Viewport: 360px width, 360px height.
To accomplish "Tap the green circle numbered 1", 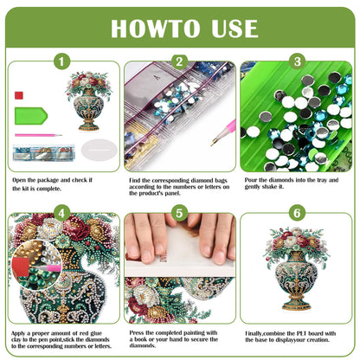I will (x=61, y=62).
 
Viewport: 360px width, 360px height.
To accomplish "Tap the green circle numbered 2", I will (x=179, y=62).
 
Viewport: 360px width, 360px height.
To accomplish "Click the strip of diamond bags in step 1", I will (x=41, y=156).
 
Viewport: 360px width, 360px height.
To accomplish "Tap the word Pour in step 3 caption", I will (x=251, y=179).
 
